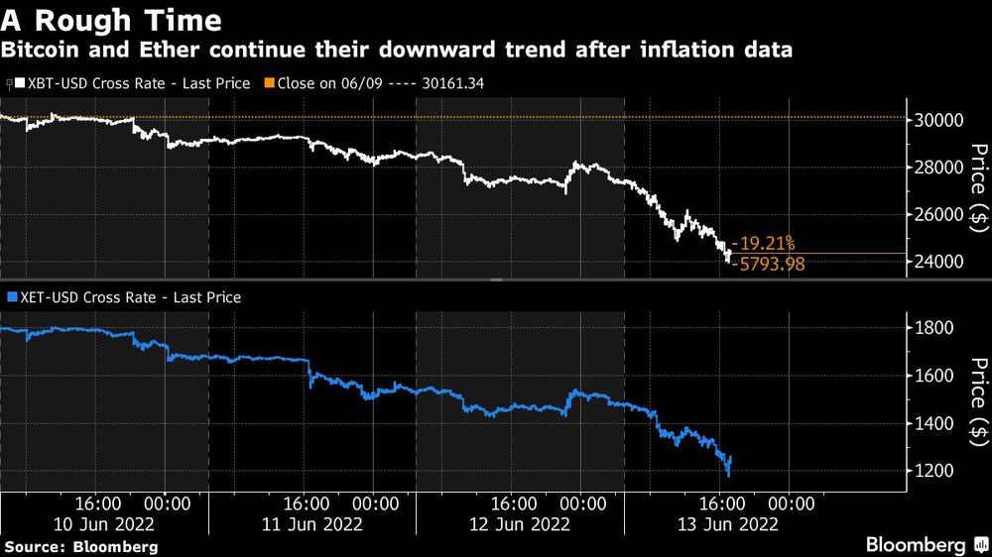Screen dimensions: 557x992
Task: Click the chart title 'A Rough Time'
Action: coord(111,19)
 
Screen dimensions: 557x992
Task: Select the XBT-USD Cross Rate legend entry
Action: coord(129,84)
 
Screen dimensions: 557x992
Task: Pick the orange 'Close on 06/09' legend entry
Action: coord(378,84)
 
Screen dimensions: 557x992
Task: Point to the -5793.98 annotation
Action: coord(767,264)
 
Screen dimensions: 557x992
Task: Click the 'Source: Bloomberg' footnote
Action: coord(81,546)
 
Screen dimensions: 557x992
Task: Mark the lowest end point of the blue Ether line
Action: coord(728,474)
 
